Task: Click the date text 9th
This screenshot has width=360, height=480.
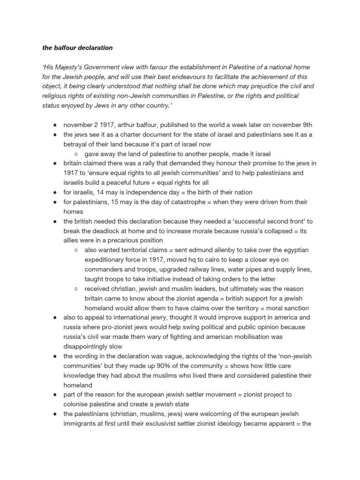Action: (x=306, y=125)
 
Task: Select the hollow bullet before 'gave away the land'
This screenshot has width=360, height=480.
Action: (x=76, y=154)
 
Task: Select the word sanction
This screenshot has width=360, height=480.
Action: (x=294, y=307)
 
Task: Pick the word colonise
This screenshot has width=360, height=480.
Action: (x=79, y=404)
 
